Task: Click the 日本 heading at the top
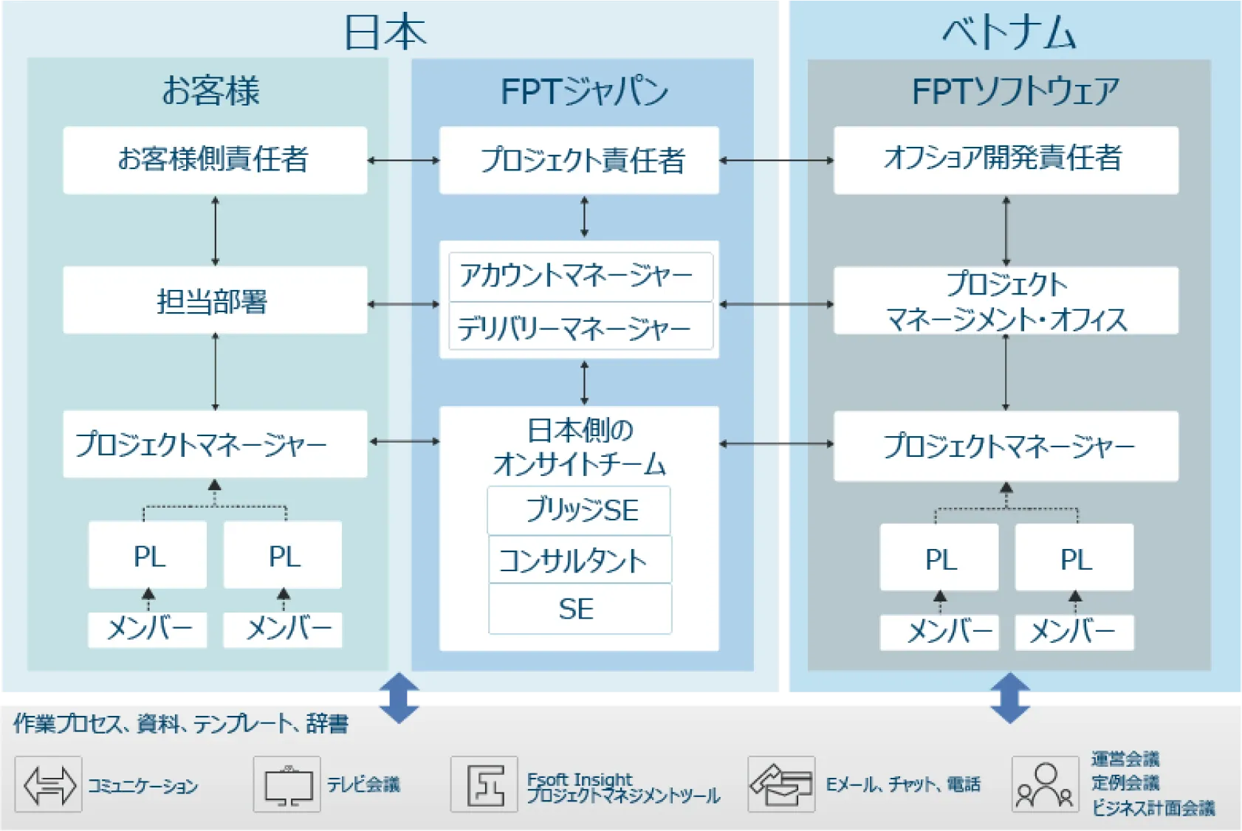(385, 33)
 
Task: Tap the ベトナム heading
(1009, 33)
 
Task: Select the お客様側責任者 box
(215, 160)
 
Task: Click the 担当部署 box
(215, 300)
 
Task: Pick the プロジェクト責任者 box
(580, 160)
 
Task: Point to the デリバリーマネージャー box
(580, 326)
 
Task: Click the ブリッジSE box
(580, 510)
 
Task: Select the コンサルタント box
(580, 560)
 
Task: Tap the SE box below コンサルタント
(580, 609)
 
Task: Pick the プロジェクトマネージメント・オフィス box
(1006, 301)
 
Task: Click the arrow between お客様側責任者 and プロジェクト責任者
(403, 160)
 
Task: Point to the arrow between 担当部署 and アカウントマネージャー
(403, 304)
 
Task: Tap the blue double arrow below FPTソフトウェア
(1009, 697)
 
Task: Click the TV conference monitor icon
(287, 785)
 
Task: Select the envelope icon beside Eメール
(781, 785)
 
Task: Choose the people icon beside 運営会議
(1045, 785)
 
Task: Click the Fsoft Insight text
(580, 779)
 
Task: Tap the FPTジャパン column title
(583, 92)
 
